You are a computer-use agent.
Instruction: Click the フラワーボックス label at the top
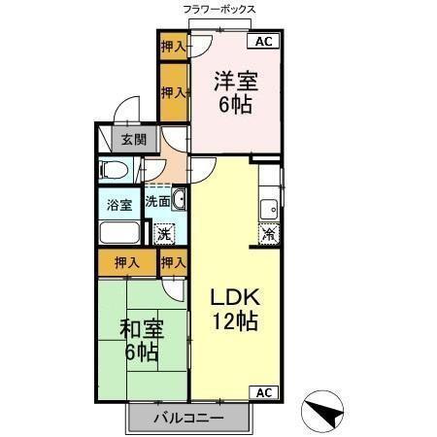[x=219, y=9]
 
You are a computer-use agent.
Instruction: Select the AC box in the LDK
[x=264, y=391]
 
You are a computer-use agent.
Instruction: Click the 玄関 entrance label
[x=133, y=140]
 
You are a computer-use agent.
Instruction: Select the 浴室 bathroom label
[x=119, y=205]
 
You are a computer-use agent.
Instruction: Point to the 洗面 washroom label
[x=157, y=203]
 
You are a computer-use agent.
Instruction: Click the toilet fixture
[x=115, y=171]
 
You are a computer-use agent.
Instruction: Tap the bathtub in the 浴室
[x=120, y=234]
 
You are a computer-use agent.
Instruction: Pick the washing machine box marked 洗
[x=164, y=233]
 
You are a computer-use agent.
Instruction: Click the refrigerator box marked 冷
[x=269, y=233]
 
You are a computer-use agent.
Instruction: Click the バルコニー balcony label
[x=191, y=419]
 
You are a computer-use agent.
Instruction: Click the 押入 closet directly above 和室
[x=126, y=262]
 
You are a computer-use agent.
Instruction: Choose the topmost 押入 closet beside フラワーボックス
[x=173, y=46]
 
